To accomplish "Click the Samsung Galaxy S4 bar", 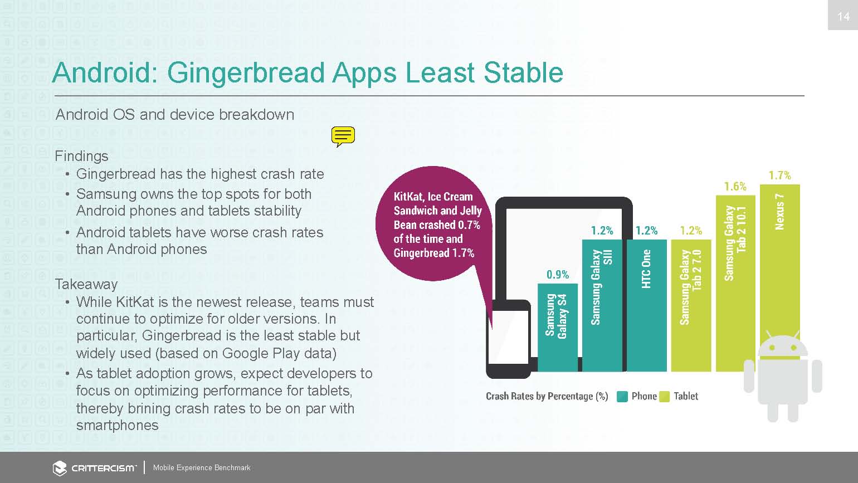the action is pyautogui.click(x=558, y=328).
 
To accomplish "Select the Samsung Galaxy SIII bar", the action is pyautogui.click(x=602, y=306).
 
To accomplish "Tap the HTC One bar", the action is pyautogui.click(x=646, y=306).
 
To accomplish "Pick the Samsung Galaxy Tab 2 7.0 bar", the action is pyautogui.click(x=691, y=306).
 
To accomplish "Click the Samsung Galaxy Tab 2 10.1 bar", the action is pyautogui.click(x=735, y=284).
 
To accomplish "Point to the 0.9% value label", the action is pyautogui.click(x=558, y=274).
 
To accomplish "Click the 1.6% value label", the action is pyautogui.click(x=735, y=187).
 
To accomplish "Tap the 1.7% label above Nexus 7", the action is pyautogui.click(x=780, y=175).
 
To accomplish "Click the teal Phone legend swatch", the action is pyautogui.click(x=622, y=397).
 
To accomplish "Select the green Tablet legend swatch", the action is pyautogui.click(x=665, y=397).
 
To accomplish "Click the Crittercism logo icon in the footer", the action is pyautogui.click(x=60, y=468).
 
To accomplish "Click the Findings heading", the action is pyautogui.click(x=81, y=157).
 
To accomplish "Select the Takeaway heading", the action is pyautogui.click(x=86, y=284).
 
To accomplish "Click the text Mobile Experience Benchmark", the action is pyautogui.click(x=202, y=467).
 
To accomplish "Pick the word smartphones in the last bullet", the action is pyautogui.click(x=117, y=425).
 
